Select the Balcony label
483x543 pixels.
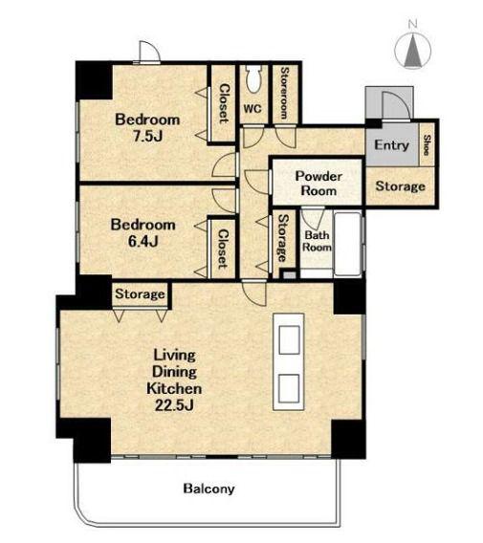[x=209, y=489]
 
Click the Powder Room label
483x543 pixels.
[x=318, y=184]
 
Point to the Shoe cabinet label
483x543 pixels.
[x=428, y=145]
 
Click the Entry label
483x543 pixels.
[x=391, y=145]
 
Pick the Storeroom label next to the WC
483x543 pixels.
[x=284, y=93]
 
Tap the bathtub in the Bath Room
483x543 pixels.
[x=347, y=244]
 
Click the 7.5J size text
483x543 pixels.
[x=147, y=137]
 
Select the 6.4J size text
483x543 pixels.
[x=143, y=241]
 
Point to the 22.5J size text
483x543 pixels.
[x=174, y=404]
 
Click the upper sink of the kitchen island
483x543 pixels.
[x=289, y=339]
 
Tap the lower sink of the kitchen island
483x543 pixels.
[x=289, y=388]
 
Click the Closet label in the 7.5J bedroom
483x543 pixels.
[x=225, y=103]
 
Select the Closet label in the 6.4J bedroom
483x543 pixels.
[x=223, y=249]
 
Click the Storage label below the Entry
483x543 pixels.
[x=400, y=186]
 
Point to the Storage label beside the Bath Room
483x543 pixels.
[x=284, y=238]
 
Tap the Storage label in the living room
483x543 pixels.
[x=140, y=294]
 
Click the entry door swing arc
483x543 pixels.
[x=399, y=104]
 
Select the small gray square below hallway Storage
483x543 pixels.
[x=289, y=275]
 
